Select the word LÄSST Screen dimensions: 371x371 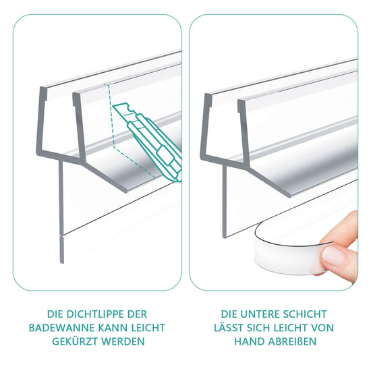(229, 328)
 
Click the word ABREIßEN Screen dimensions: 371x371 (292, 342)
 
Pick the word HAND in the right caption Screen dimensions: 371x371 (250, 342)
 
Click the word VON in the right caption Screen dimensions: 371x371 (322, 328)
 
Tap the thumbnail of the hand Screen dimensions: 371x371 (333, 255)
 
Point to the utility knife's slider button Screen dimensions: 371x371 (165, 156)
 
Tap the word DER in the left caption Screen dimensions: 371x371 (137, 314)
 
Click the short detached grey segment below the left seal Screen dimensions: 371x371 (62, 250)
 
